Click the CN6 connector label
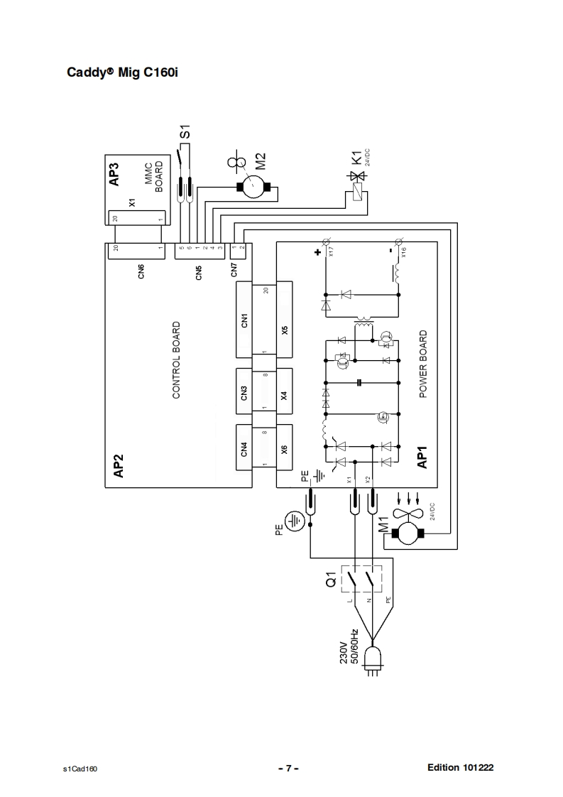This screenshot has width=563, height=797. point(141,271)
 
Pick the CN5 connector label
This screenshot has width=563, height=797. point(199,271)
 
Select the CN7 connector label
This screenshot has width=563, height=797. point(235,270)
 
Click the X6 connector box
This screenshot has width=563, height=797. point(284,448)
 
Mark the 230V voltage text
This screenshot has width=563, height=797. point(344,653)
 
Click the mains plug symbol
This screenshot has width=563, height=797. point(373,658)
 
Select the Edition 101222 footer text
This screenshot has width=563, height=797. point(460,768)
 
